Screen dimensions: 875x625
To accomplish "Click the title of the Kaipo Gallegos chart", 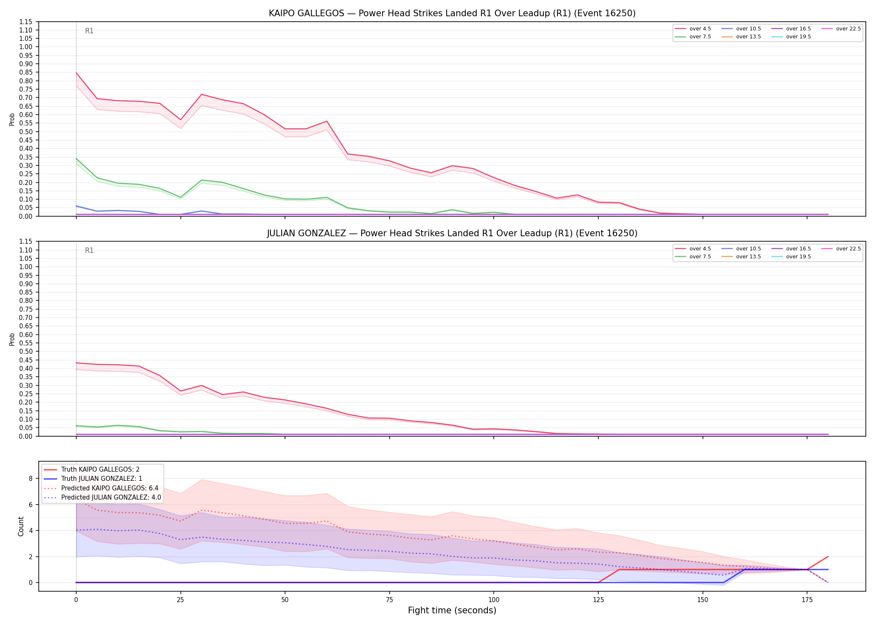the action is point(452,13).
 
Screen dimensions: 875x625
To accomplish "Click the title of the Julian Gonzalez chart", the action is point(452,233).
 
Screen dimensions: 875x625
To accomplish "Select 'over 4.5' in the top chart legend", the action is point(700,29).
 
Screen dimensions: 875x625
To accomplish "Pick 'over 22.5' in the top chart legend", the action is point(848,29).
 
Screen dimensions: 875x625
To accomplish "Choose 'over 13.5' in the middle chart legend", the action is point(748,257).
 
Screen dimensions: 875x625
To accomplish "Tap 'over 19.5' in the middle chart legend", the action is point(798,257).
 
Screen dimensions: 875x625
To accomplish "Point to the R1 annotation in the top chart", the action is point(89,31).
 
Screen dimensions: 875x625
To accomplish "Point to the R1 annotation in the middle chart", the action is point(89,250).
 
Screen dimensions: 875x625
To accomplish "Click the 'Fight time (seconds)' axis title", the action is point(452,610).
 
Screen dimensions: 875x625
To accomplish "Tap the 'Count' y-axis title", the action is point(21,526).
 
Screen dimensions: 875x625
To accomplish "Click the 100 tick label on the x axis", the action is point(493,600).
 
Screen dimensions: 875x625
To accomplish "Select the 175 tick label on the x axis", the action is point(807,600).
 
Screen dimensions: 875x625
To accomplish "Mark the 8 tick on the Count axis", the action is point(30,478).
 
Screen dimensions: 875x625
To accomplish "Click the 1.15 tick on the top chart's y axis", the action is point(26,22).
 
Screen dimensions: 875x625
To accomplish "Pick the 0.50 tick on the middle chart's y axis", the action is point(26,351).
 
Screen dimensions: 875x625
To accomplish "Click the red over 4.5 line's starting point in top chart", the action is point(76,73).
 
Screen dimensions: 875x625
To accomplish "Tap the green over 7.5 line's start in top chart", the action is point(76,158).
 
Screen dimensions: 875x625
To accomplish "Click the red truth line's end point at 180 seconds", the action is point(828,556).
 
